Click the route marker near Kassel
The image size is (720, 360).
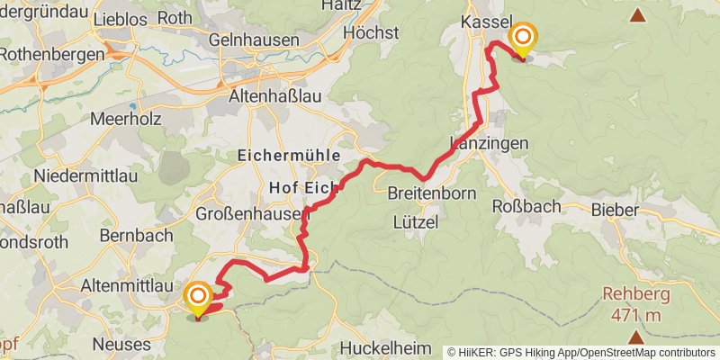coord(522,38)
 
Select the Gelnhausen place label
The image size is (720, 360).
coord(253,40)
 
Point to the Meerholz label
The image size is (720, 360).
coord(123,120)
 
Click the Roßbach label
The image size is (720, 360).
coord(526,206)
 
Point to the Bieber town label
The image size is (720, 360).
coord(616,210)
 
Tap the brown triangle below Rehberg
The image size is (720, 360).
coord(636,337)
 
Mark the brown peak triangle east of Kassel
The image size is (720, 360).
coord(638,14)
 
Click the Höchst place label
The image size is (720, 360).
coord(371,32)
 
